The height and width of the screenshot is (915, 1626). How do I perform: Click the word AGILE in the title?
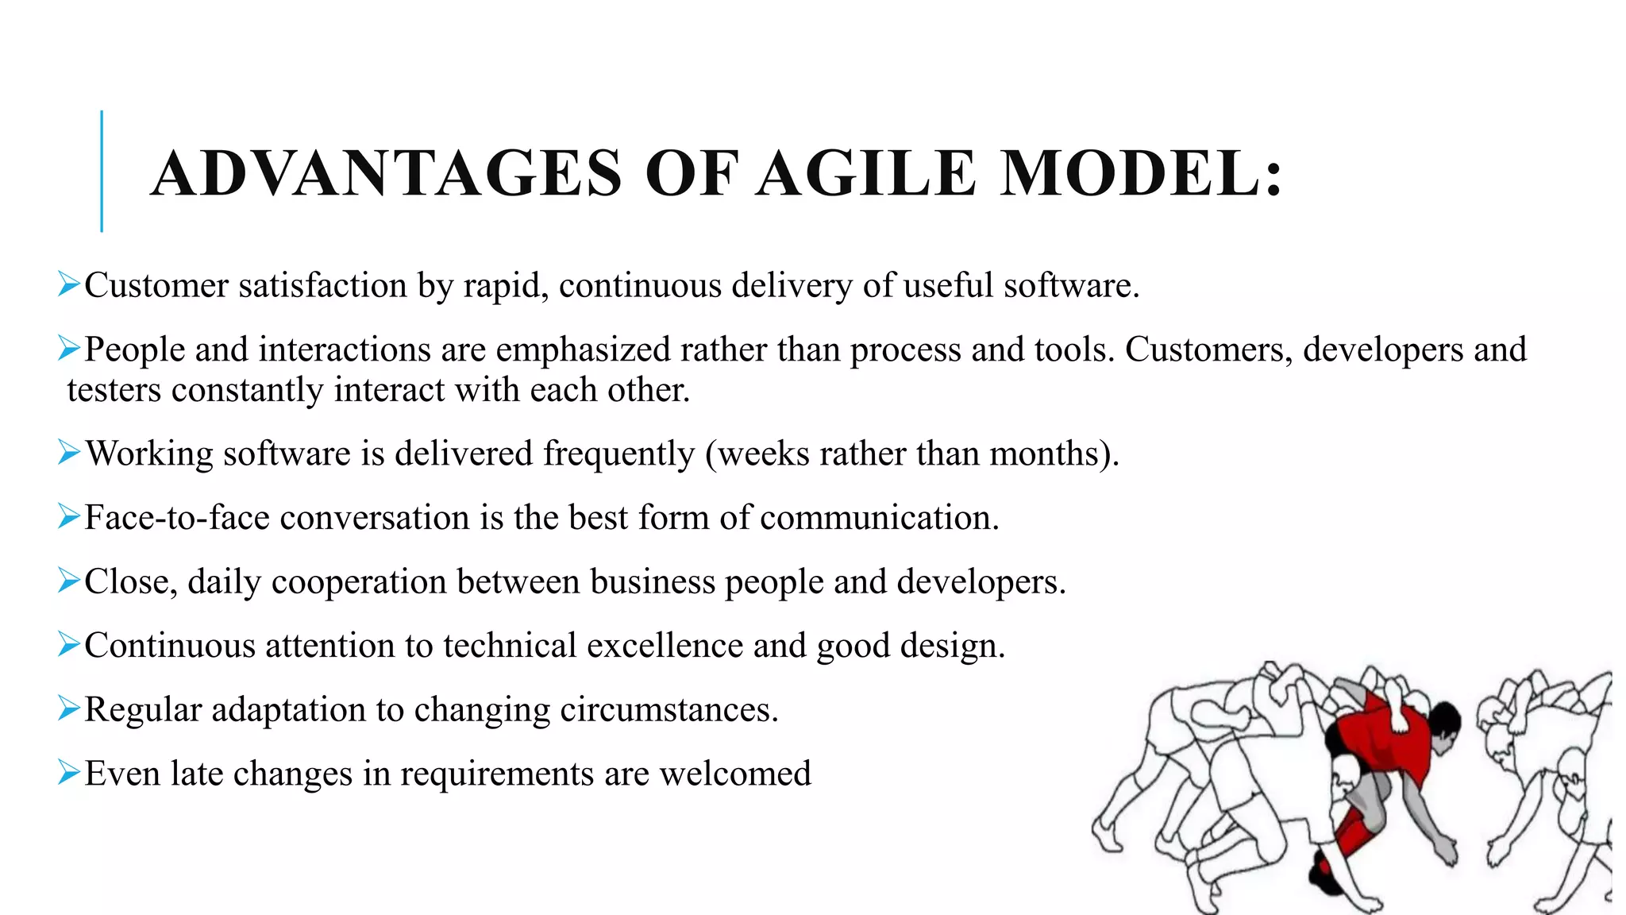click(x=865, y=173)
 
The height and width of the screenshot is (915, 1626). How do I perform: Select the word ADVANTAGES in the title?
click(x=387, y=173)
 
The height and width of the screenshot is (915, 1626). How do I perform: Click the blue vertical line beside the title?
click(x=102, y=171)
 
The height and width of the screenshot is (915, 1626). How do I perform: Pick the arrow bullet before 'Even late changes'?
click(x=69, y=772)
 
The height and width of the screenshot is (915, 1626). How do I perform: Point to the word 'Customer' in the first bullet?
click(x=156, y=285)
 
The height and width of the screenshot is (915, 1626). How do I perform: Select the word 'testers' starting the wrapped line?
click(x=114, y=390)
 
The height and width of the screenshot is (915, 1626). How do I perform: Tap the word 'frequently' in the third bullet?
click(x=618, y=454)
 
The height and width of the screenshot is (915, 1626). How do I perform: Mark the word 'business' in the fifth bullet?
click(x=652, y=581)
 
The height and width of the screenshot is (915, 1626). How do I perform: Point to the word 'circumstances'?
click(x=665, y=709)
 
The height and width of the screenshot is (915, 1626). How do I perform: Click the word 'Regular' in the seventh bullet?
click(x=143, y=709)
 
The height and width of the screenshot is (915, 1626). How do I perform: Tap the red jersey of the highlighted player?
click(x=1381, y=739)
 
